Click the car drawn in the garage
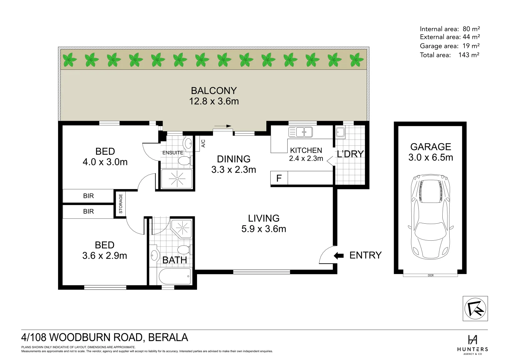(430, 217)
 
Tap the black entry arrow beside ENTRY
(339, 256)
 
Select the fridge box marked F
(279, 178)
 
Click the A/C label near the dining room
(203, 143)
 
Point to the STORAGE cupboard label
(121, 204)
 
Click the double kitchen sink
(301, 132)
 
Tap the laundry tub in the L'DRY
(340, 132)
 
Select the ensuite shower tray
(177, 179)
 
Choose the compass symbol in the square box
(475, 309)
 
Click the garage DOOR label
(430, 275)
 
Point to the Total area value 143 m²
(469, 55)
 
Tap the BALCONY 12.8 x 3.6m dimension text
(214, 101)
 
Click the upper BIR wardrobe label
(88, 196)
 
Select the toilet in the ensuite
(184, 161)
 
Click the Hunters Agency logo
(472, 344)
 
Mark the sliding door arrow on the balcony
(223, 126)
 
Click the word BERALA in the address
(168, 338)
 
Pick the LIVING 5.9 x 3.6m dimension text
(264, 229)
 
